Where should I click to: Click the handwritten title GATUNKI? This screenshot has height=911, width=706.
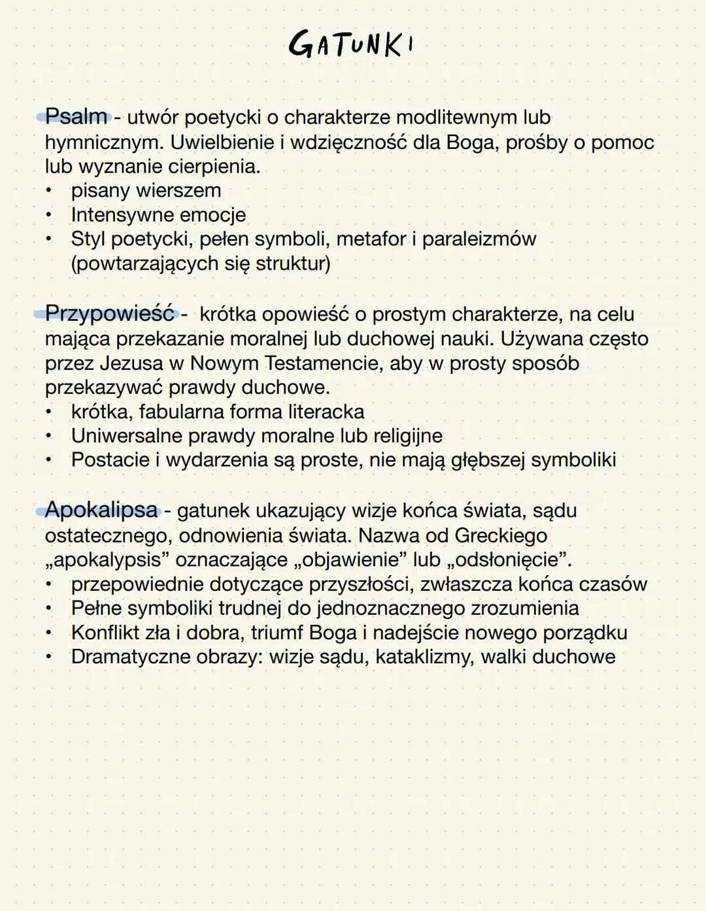(x=351, y=45)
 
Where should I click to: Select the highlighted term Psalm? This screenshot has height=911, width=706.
(x=76, y=116)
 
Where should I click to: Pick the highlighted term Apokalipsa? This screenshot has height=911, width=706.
(x=101, y=510)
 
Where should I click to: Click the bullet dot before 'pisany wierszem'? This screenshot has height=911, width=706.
(x=48, y=191)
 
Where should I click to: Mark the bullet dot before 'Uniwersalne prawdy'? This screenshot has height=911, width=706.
(x=48, y=436)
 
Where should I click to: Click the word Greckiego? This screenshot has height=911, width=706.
(x=501, y=535)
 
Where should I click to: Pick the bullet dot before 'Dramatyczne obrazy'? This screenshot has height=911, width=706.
(x=48, y=657)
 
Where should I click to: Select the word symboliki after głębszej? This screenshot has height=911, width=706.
(x=573, y=459)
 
